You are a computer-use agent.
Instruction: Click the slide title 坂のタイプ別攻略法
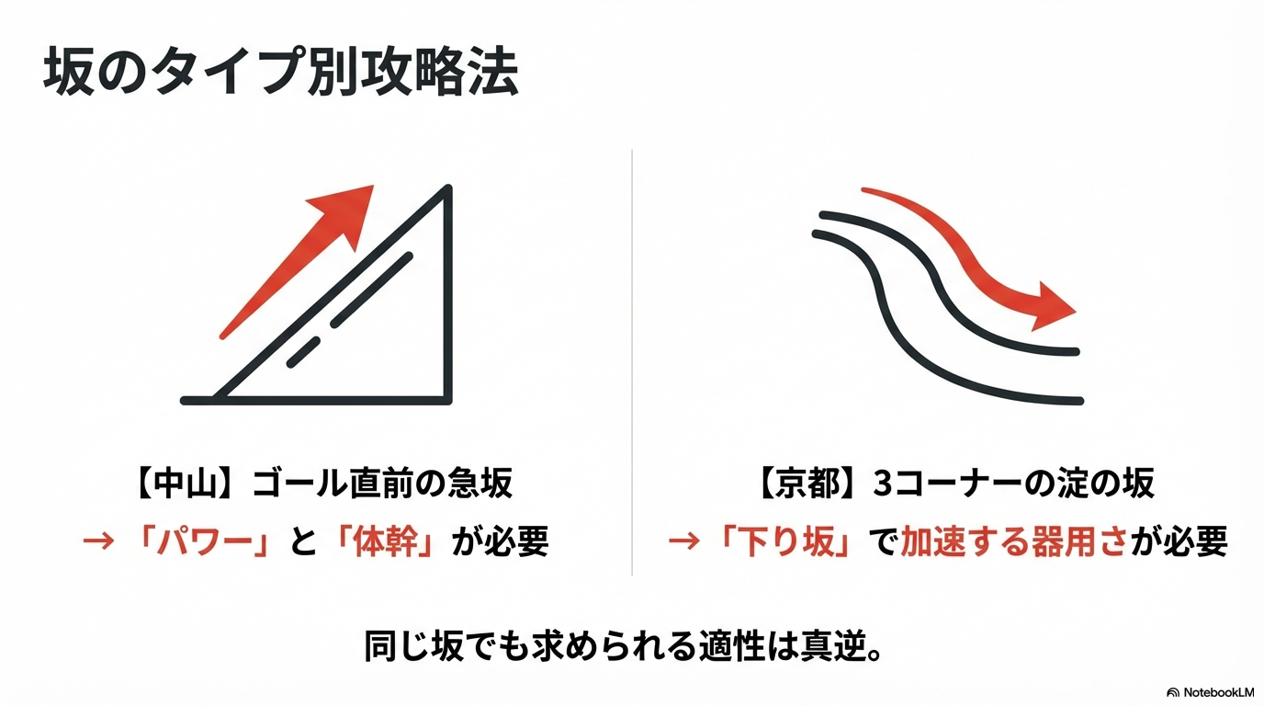pyautogui.click(x=280, y=73)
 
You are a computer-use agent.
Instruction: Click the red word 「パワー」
pyautogui.click(x=205, y=541)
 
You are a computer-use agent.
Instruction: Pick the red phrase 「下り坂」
pyautogui.click(x=784, y=541)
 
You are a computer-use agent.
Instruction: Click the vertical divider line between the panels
pyautogui.click(x=632, y=362)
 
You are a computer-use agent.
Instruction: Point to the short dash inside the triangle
pyautogui.click(x=303, y=352)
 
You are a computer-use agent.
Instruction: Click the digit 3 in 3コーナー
pyautogui.click(x=882, y=484)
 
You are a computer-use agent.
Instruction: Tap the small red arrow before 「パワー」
pyautogui.click(x=98, y=541)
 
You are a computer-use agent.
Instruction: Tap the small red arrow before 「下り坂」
pyautogui.click(x=683, y=541)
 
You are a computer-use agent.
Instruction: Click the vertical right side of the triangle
pyautogui.click(x=447, y=293)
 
